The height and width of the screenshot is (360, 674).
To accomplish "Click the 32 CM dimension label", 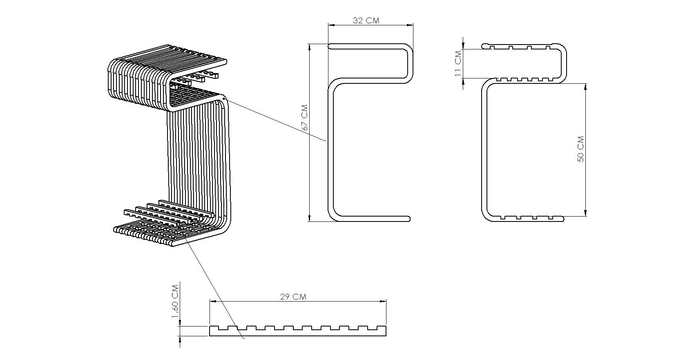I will [366, 20].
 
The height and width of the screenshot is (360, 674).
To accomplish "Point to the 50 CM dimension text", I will [580, 149].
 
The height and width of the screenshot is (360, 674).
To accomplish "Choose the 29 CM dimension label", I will [293, 297].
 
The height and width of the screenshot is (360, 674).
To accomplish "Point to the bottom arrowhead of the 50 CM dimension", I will [586, 213].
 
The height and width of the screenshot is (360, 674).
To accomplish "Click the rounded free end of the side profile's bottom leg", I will [407, 219].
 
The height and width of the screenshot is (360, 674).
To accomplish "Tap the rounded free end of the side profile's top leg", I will [331, 47].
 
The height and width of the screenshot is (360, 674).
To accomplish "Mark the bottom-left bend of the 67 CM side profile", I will [334, 214].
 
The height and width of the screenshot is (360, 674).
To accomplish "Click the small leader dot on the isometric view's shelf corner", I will [225, 98].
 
